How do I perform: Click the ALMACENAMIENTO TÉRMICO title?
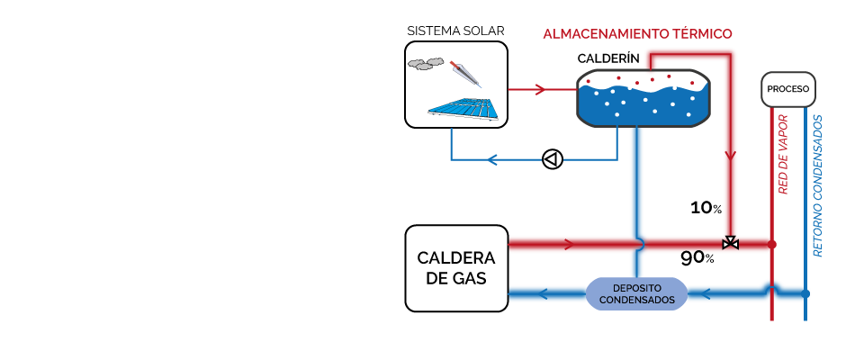click(636, 34)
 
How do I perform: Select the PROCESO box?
click(789, 89)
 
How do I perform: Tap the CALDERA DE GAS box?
click(456, 268)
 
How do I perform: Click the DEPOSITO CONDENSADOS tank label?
click(636, 294)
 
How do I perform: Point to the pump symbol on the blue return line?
click(552, 159)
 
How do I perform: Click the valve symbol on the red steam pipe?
click(731, 243)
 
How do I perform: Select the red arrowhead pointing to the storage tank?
click(540, 89)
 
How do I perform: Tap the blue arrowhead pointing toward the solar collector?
click(492, 160)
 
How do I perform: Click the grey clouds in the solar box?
click(425, 63)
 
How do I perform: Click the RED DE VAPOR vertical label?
click(782, 154)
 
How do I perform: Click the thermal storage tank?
click(643, 97)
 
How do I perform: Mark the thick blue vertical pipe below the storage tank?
click(636, 180)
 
